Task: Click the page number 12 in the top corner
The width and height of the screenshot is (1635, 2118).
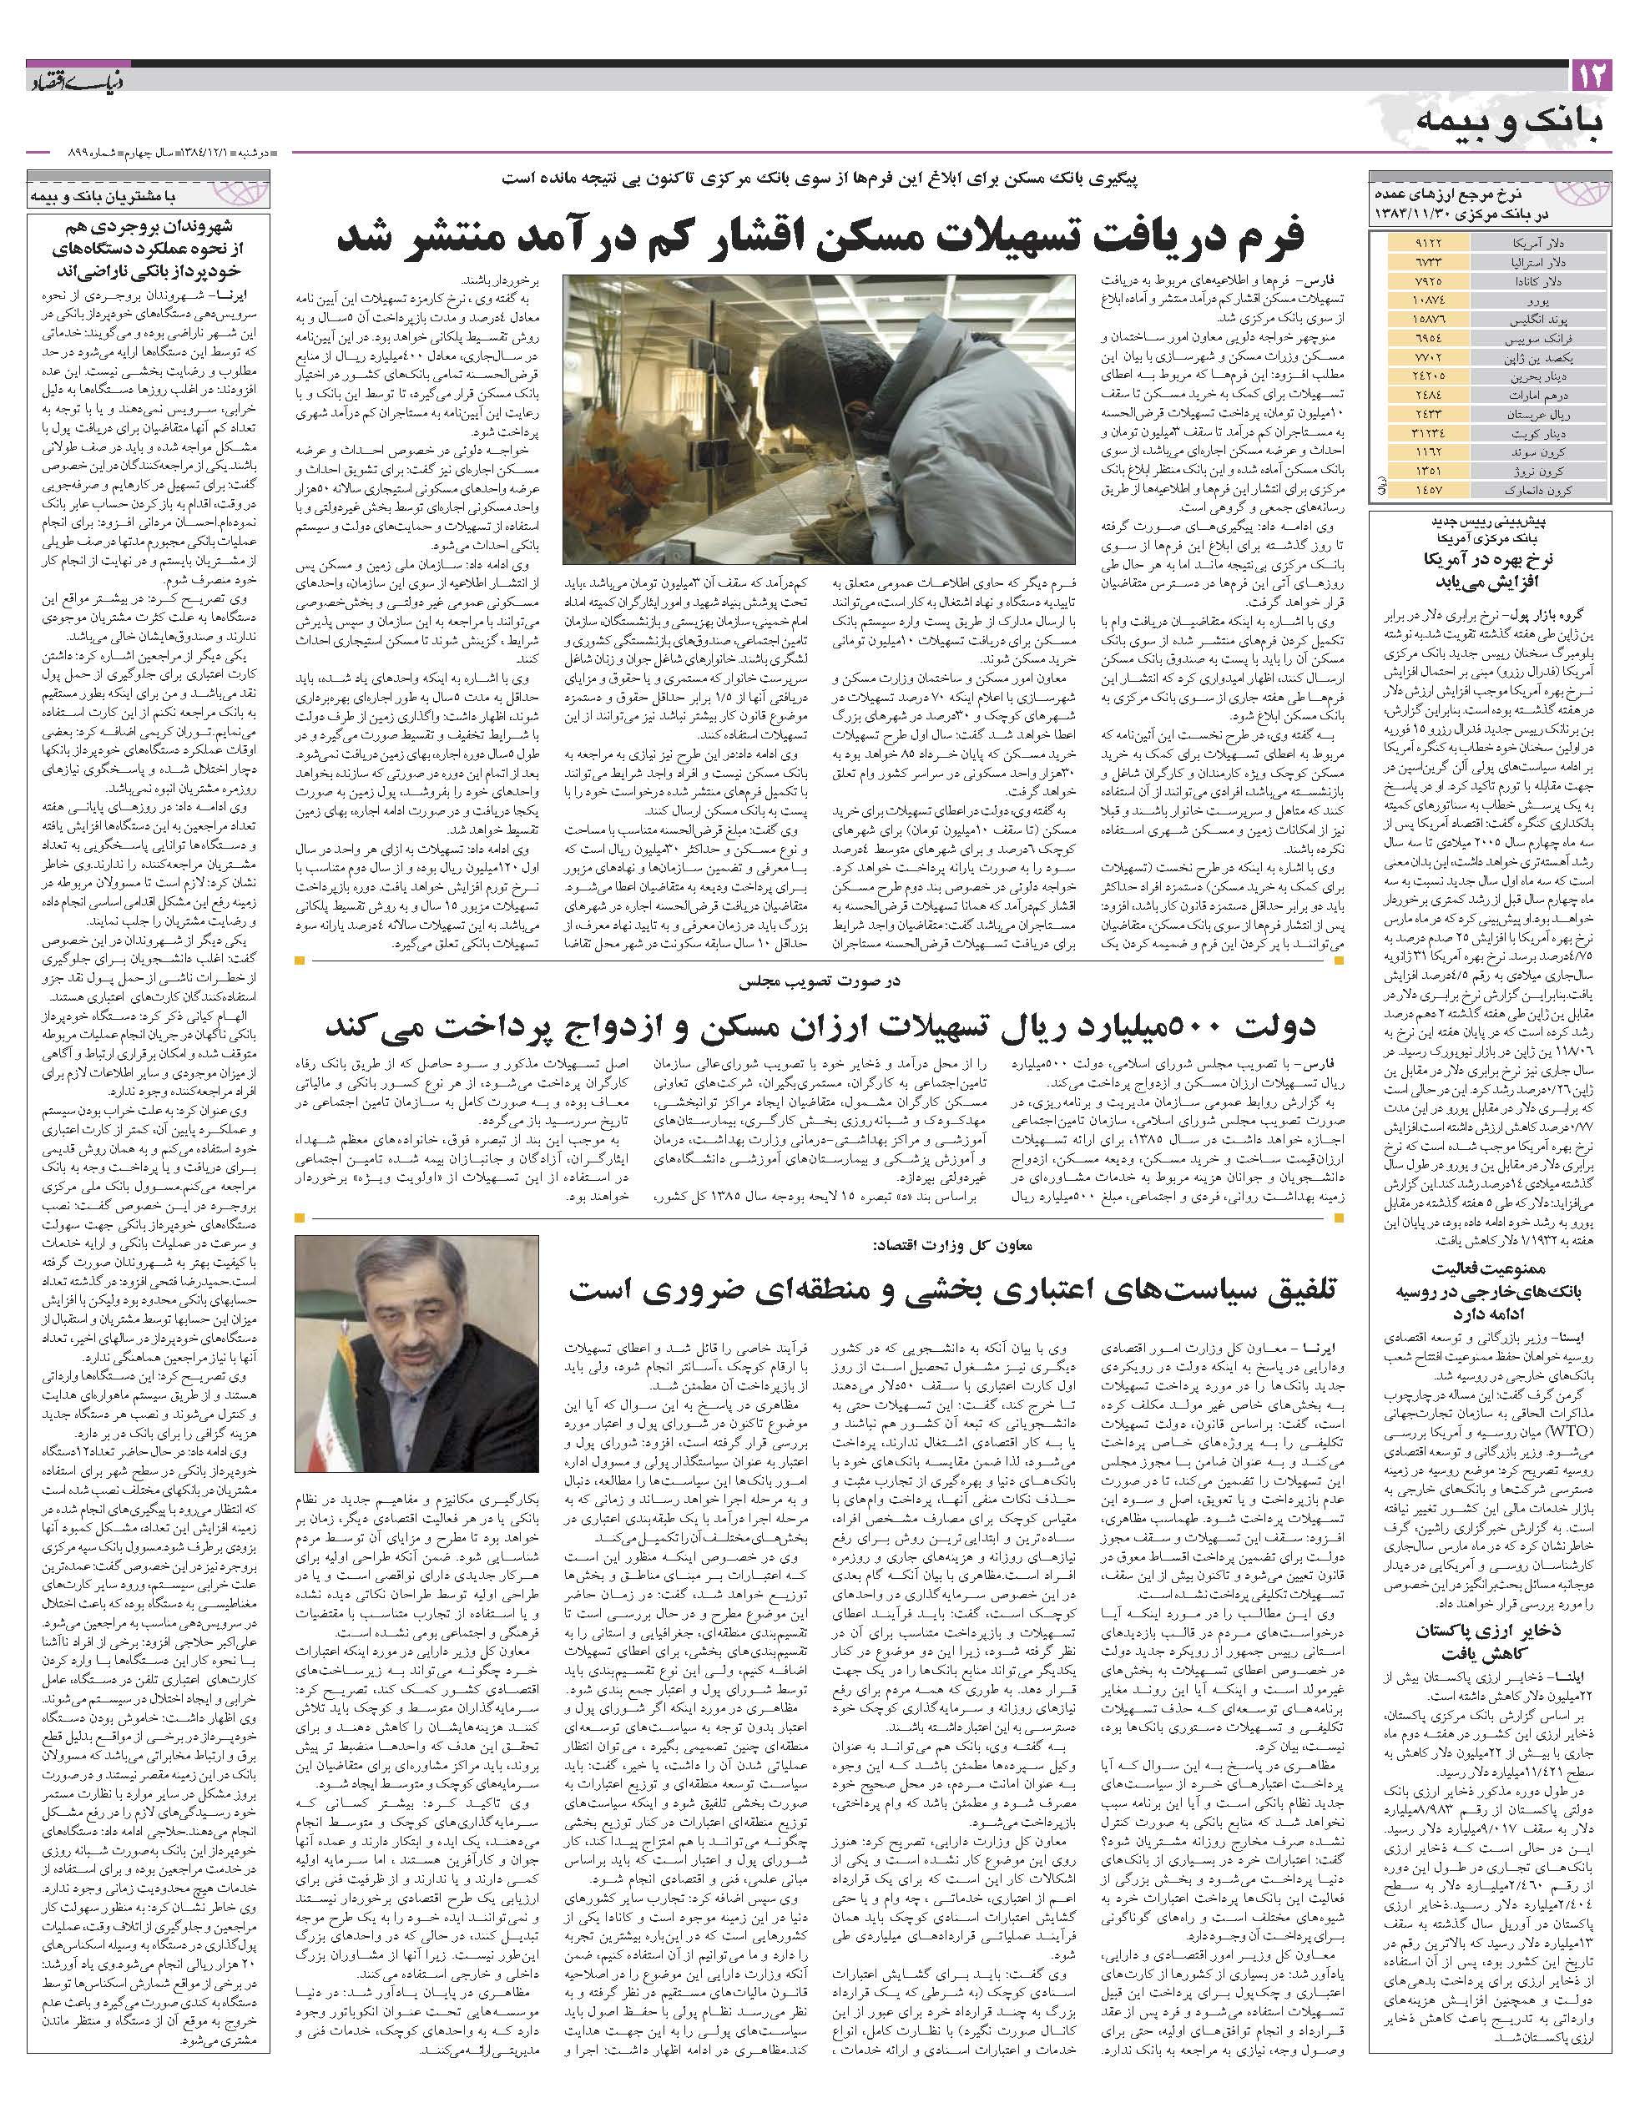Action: (x=1591, y=76)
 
